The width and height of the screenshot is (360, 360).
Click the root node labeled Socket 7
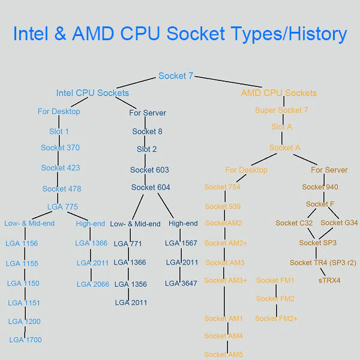[x=176, y=76]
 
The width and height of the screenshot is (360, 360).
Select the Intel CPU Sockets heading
[x=92, y=93]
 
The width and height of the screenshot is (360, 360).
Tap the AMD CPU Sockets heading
[x=278, y=93]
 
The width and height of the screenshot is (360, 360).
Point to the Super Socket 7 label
[x=281, y=110]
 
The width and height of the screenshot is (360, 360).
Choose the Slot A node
[x=281, y=127]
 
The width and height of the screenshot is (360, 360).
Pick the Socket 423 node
[x=61, y=168]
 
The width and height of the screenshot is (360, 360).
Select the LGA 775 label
[x=62, y=207]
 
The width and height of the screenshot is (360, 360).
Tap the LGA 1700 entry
[x=25, y=340]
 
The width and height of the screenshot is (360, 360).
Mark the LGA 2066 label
[x=92, y=284]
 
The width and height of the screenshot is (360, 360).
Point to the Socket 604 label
[x=151, y=188]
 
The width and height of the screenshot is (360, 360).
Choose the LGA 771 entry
[x=127, y=244]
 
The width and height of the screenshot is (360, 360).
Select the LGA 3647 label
[x=181, y=284]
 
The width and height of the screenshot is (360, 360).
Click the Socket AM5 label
[x=223, y=355]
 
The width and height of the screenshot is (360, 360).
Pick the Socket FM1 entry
[x=275, y=281]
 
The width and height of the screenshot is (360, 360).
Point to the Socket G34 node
[x=339, y=223]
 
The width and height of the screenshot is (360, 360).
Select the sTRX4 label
[x=329, y=280]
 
